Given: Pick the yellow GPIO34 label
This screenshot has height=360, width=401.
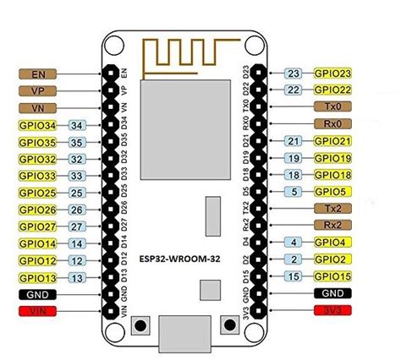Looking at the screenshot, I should [36, 126].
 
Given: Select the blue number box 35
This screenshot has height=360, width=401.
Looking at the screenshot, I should [74, 143].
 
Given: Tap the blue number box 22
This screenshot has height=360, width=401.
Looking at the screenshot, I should [293, 90].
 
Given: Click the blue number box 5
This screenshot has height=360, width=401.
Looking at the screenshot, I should [293, 192].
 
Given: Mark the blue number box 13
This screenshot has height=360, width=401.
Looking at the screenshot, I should [74, 278].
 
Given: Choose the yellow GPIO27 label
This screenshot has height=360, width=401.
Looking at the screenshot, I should [36, 226].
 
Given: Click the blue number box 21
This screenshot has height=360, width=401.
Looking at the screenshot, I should [293, 141].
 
